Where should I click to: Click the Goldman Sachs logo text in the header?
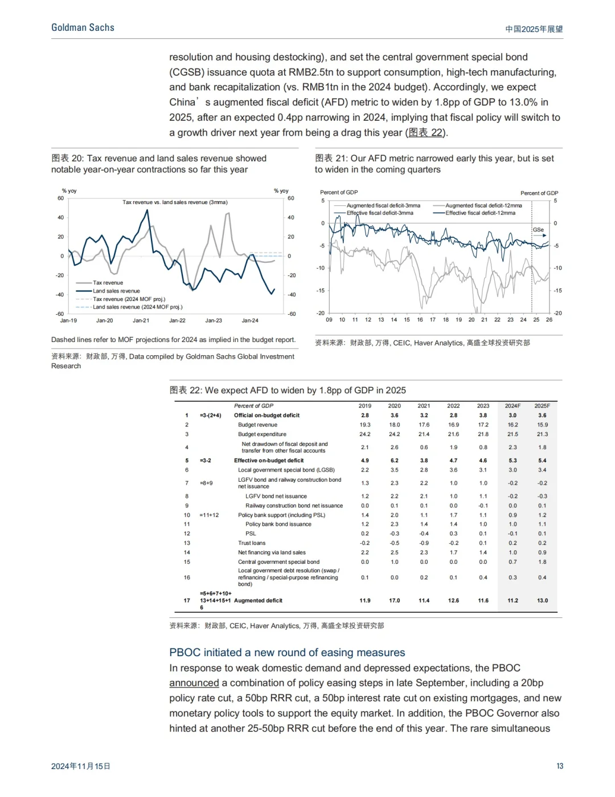(83, 27)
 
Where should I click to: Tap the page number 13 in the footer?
(560, 766)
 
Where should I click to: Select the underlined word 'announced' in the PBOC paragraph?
(194, 683)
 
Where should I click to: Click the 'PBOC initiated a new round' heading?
(287, 652)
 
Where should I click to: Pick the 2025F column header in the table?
(542, 406)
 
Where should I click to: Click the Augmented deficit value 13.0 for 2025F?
(542, 600)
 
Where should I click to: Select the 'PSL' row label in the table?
(251, 534)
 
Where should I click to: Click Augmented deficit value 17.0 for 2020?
(394, 600)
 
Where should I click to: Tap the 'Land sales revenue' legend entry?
(116, 291)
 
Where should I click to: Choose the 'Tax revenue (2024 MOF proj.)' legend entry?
(129, 299)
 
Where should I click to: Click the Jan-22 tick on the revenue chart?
(177, 320)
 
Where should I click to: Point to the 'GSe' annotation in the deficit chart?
(538, 230)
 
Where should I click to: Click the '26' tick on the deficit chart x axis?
(549, 320)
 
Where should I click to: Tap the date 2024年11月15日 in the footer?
(81, 766)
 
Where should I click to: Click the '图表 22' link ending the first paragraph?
(427, 132)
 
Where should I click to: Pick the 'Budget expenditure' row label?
(262, 434)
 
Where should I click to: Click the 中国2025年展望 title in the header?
(534, 29)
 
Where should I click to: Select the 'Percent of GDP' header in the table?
(253, 406)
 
